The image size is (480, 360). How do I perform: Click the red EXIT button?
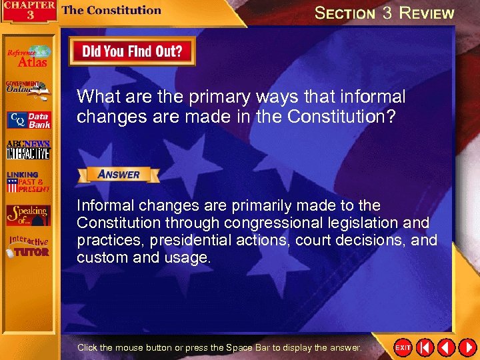tap(403, 347)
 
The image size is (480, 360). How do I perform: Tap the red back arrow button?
tap(447, 347)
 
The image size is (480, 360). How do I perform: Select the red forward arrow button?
tap(466, 347)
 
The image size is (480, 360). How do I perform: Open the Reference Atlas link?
tap(28, 57)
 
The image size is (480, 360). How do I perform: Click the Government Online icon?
tap(27, 90)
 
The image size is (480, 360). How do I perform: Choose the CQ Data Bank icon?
tap(28, 121)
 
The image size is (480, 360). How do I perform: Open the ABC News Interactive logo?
tap(28, 150)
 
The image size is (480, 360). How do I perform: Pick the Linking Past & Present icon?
tap(28, 182)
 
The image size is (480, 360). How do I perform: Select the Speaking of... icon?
tap(28, 215)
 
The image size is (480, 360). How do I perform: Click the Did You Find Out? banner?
tap(131, 51)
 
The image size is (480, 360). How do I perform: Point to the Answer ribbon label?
tap(119, 175)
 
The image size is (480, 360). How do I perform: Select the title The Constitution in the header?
tap(111, 10)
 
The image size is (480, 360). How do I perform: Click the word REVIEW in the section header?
tap(427, 13)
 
